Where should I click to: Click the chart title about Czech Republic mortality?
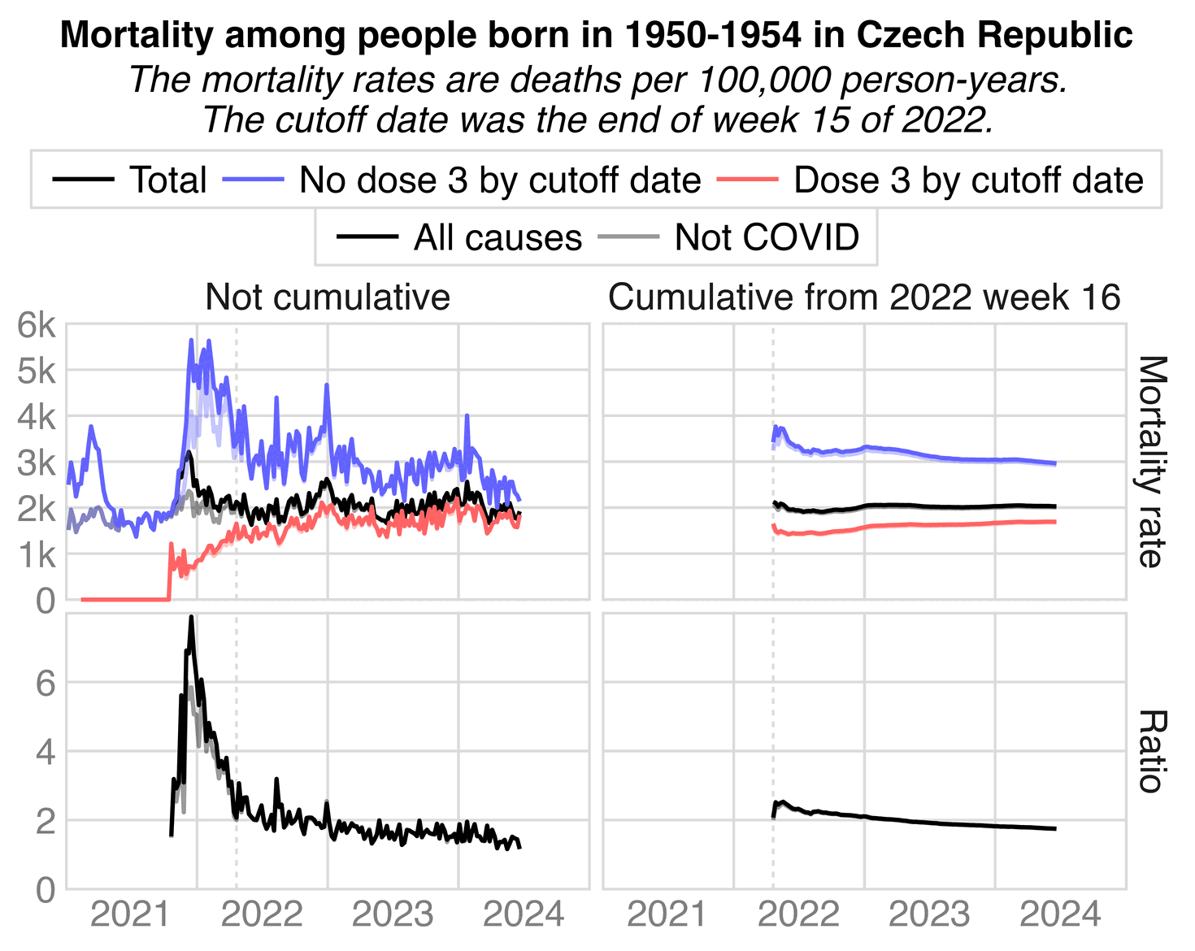pos(597,35)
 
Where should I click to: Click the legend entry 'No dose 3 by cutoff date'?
pos(499,180)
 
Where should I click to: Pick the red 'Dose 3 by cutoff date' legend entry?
pos(968,180)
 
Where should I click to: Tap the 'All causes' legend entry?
pos(498,237)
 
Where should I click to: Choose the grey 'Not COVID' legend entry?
pos(766,237)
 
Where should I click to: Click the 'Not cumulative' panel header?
pos(328,297)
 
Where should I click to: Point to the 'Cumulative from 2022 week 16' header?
pos(864,297)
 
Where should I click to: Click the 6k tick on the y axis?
pos(37,326)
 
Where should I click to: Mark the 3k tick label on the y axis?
pos(37,463)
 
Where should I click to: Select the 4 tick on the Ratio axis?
pos(46,752)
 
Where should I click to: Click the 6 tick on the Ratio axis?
pos(46,684)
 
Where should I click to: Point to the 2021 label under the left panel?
pos(131,915)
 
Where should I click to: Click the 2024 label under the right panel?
pos(1060,915)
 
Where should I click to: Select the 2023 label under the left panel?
pos(393,915)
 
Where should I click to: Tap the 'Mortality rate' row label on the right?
pos(1150,462)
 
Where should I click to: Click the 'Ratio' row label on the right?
pos(1150,751)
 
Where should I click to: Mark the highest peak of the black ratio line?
pos(191,617)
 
